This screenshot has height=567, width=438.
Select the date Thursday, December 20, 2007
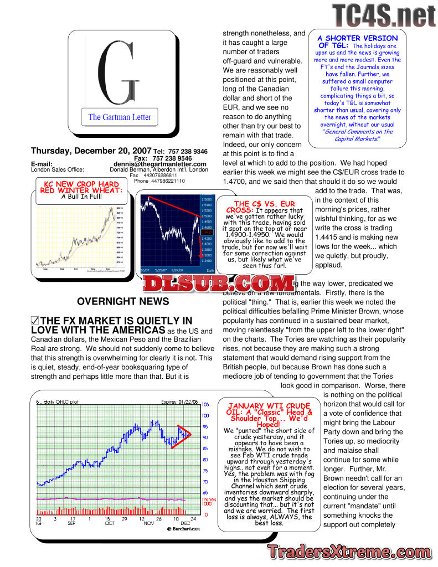pyautogui.click(x=91, y=151)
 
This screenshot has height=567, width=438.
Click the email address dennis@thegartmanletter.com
pyautogui.click(x=160, y=164)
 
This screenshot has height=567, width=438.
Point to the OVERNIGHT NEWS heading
pyautogui.click(x=123, y=301)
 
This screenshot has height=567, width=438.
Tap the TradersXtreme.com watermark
pyautogui.click(x=348, y=551)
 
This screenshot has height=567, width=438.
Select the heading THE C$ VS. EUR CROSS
pyautogui.click(x=265, y=207)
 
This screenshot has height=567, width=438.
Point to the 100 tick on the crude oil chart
pyautogui.click(x=205, y=415)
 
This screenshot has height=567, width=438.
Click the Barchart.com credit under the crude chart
pyautogui.click(x=183, y=528)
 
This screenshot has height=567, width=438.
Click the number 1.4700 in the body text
pyautogui.click(x=236, y=181)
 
